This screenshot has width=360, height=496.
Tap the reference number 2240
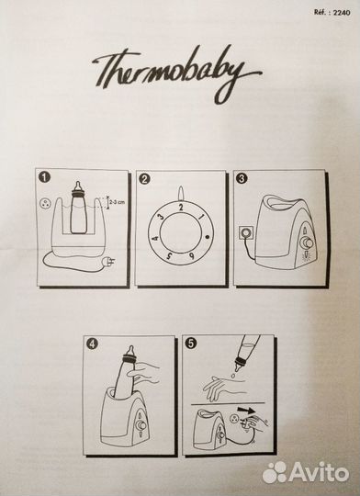[342, 12]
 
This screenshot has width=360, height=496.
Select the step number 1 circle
[44, 177]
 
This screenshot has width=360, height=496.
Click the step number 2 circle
[144, 179]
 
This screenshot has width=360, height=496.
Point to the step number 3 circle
[242, 178]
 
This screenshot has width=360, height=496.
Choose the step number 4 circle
[92, 344]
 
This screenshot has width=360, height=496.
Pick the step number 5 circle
[191, 344]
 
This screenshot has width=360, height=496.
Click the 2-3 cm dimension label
[117, 201]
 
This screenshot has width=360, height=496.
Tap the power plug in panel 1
[107, 262]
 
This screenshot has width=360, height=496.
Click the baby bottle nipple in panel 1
[77, 186]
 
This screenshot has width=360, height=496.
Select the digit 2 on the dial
[181, 208]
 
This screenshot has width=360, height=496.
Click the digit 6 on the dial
[192, 256]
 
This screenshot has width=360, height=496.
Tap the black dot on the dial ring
[208, 236]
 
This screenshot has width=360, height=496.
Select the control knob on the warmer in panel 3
[307, 242]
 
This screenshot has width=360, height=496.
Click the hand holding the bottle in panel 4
[144, 373]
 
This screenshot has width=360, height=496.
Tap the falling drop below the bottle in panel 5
[233, 376]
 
